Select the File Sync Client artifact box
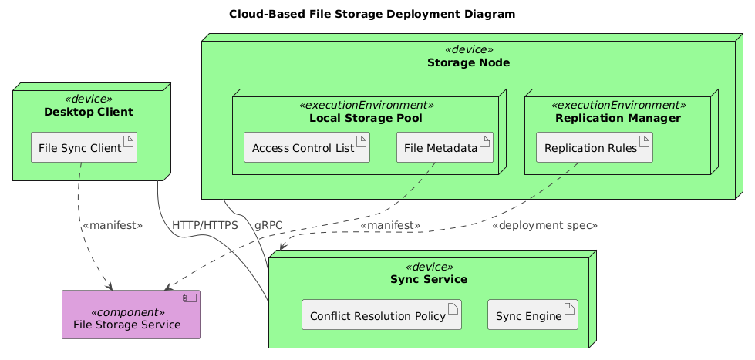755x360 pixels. (x=83, y=148)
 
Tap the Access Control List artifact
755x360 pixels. (x=307, y=148)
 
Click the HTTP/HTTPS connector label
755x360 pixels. (x=205, y=225)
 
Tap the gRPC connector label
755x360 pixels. (x=268, y=225)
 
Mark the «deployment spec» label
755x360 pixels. (x=544, y=225)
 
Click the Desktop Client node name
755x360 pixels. (x=89, y=113)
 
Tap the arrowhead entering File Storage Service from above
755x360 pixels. (x=110, y=287)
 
